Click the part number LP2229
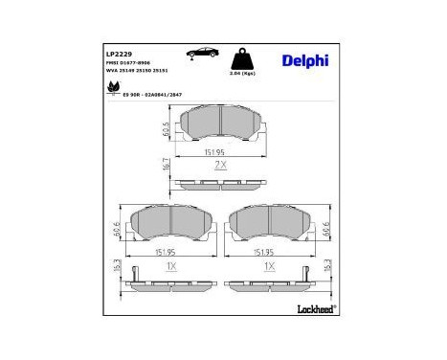[119, 54]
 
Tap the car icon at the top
[202, 54]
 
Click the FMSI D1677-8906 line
[130, 64]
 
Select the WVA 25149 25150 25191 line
[140, 73]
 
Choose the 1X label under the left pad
[170, 266]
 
